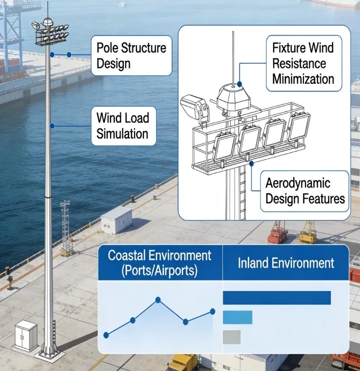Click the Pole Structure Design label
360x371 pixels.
[x=131, y=56]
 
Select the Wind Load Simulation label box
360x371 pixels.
[x=123, y=126]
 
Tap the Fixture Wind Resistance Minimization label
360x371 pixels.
[x=303, y=63]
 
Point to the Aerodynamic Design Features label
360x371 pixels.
[x=305, y=191]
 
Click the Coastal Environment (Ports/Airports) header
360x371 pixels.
[x=159, y=262]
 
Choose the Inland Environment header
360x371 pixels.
[x=286, y=263]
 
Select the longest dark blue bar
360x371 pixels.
[x=277, y=298]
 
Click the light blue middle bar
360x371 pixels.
[x=237, y=317]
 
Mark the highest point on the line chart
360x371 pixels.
[x=158, y=300]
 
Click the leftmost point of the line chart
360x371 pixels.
[x=106, y=335]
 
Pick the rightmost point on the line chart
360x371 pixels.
[x=213, y=311]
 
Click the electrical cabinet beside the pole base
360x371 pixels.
[x=26, y=336]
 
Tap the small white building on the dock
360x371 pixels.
[x=116, y=218]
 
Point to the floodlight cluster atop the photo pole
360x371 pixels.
[x=50, y=35]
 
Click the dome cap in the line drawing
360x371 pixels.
[x=232, y=95]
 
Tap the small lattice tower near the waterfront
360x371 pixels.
[x=65, y=228]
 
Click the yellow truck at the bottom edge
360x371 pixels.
[x=182, y=363]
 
